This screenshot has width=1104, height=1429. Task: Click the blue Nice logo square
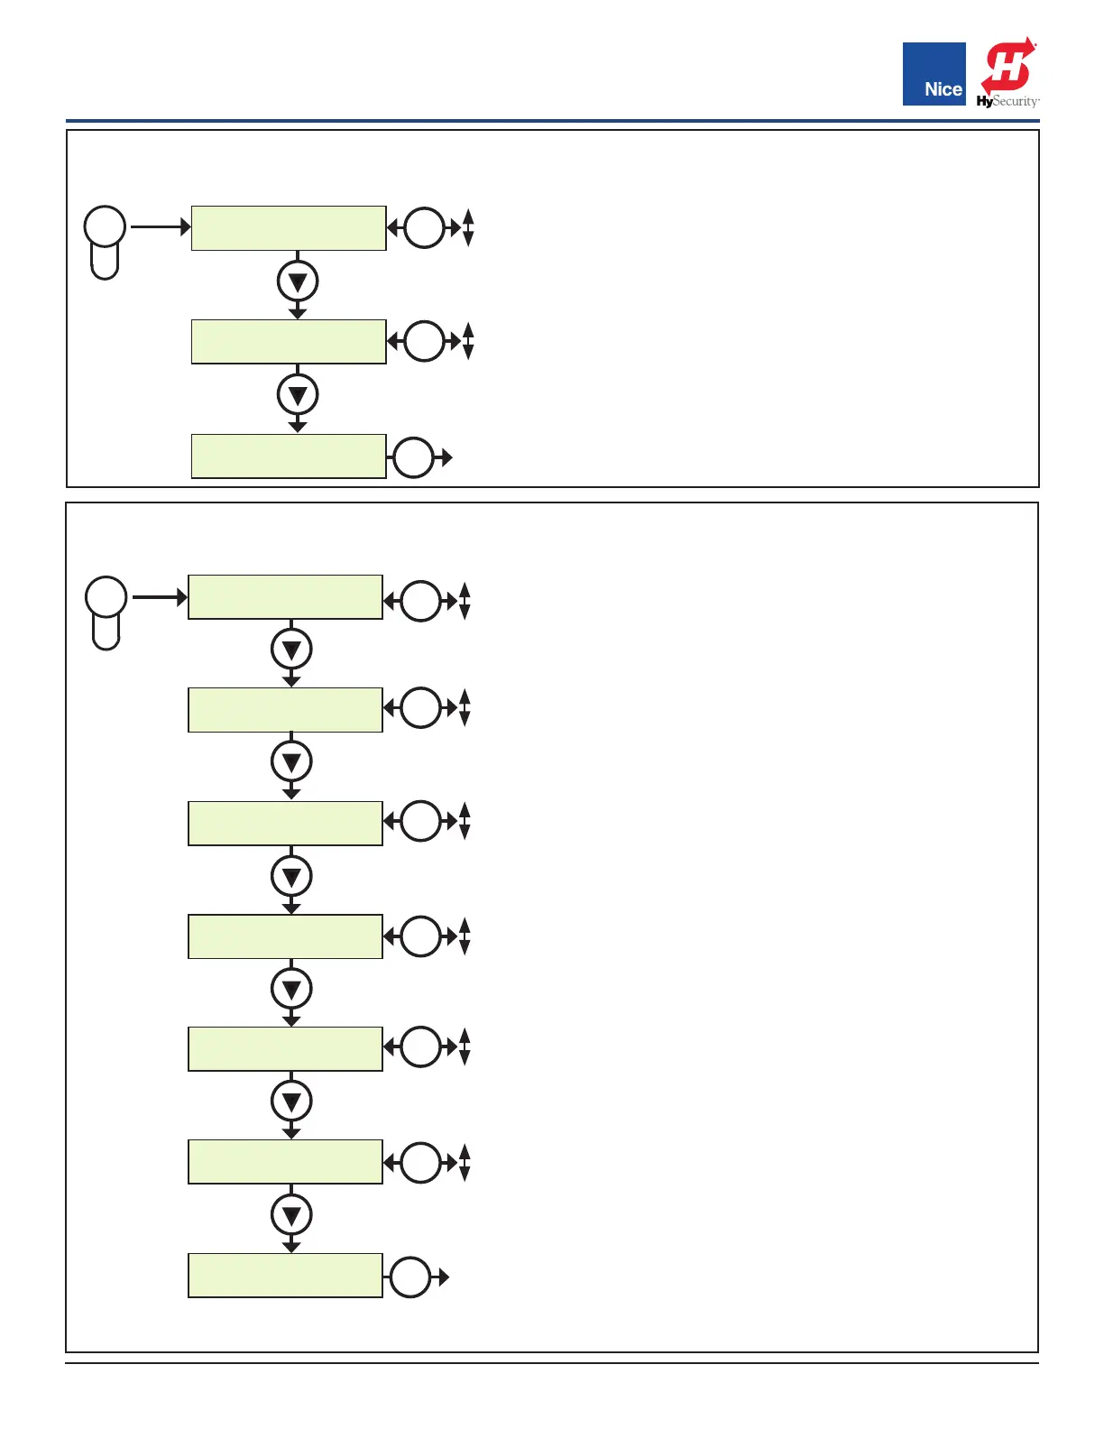pos(934,74)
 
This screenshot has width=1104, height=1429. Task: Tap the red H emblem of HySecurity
pos(1008,65)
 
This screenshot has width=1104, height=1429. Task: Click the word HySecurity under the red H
pos(1007,101)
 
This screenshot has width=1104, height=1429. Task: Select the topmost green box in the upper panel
pos(289,228)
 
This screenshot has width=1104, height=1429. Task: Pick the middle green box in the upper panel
pos(289,342)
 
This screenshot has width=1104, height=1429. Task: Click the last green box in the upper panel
pos(289,456)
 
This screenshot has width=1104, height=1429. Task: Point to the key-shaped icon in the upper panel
pos(105,241)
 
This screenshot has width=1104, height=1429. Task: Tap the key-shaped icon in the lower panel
pos(106,612)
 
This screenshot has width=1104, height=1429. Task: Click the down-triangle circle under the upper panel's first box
pos(298,281)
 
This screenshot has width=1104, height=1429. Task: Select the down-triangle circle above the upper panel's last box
pos(298,395)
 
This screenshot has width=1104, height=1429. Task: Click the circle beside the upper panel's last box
pos(414,458)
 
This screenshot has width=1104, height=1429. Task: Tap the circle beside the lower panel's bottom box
pos(410,1277)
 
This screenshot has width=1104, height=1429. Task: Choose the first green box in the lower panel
pos(285,597)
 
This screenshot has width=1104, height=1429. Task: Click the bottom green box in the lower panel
pos(285,1276)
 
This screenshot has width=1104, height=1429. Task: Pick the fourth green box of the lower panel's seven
pos(285,936)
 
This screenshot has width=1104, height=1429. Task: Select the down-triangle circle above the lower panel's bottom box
pos(291,1214)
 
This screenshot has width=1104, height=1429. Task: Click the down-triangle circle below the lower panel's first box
pos(291,649)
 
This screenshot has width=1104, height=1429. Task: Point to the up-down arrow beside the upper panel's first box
pos(468,227)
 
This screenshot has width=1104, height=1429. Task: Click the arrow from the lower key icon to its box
pos(159,597)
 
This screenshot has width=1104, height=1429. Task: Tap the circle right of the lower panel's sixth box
pos(420,1163)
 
